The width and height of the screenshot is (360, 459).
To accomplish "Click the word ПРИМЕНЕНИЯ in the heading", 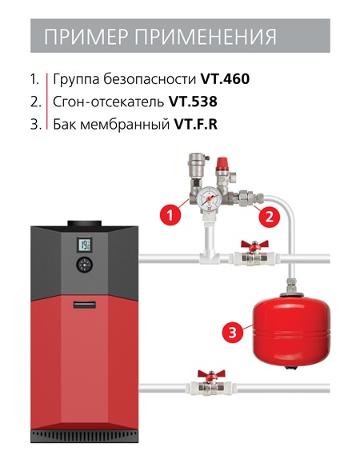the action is (x=206, y=37).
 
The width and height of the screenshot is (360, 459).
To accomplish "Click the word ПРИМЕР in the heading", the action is (x=86, y=37).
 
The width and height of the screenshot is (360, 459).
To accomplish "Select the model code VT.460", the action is (x=225, y=79).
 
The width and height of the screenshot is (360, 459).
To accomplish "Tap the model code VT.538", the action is (x=193, y=102).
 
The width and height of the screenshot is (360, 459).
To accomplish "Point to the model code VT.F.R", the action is (x=196, y=124).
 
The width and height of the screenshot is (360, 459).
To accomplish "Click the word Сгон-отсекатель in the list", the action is (x=108, y=102).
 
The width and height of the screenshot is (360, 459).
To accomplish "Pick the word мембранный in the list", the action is (x=125, y=125).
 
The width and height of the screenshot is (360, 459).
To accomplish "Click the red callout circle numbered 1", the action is (x=170, y=216).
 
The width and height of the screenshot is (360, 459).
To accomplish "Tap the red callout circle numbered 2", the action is (x=269, y=217).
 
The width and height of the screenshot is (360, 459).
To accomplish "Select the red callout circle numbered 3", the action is (x=233, y=333).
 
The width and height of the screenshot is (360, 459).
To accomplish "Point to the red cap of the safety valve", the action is (x=222, y=164).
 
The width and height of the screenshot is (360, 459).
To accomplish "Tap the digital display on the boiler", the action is (x=85, y=245).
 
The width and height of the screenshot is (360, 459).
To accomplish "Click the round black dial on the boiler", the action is (x=85, y=265).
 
